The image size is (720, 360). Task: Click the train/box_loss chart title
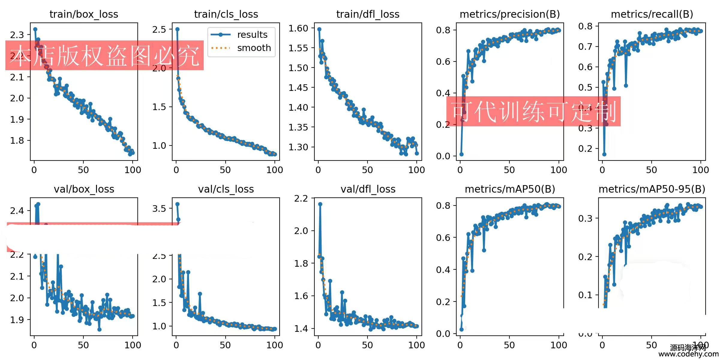(x=84, y=14)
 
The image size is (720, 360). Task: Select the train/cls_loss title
(x=226, y=14)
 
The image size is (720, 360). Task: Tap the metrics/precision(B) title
(x=510, y=14)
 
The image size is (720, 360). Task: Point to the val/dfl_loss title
(x=368, y=189)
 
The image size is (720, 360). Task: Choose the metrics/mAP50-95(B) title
(x=652, y=189)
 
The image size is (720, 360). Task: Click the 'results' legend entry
(x=252, y=35)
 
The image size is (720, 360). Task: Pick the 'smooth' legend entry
(x=254, y=48)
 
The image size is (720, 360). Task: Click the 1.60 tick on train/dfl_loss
(x=298, y=28)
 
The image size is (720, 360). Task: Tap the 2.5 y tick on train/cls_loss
(x=159, y=29)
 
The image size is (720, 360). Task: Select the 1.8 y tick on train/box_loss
(x=17, y=140)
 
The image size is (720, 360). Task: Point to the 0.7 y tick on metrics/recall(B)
(x=585, y=46)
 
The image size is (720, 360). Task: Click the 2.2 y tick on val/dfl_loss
(x=301, y=199)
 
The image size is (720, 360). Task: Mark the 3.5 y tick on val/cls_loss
(x=159, y=208)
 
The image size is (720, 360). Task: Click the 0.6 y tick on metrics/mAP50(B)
(x=443, y=238)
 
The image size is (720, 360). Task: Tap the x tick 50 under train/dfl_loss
(x=367, y=170)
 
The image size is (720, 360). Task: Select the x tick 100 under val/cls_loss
(x=274, y=345)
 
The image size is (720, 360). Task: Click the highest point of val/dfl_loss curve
(x=320, y=204)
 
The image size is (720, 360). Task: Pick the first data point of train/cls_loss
(x=177, y=29)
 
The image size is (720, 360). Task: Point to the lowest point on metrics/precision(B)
(x=461, y=154)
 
